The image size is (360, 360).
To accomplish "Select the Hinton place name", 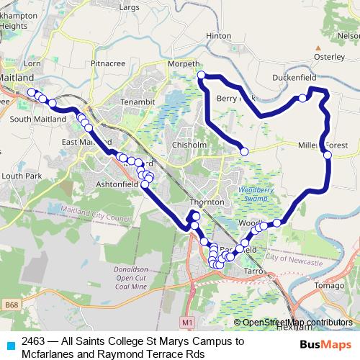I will [x=218, y=35].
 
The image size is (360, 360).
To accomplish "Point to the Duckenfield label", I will [x=296, y=77].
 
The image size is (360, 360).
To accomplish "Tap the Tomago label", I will [x=330, y=286].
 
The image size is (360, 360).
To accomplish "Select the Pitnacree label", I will [x=109, y=63].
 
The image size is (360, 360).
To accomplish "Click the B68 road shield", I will [x=11, y=306].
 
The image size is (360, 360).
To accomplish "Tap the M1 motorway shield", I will [x=189, y=320].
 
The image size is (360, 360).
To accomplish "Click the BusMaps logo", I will [x=326, y=345].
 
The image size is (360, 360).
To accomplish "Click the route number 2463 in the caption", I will [x=35, y=341].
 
